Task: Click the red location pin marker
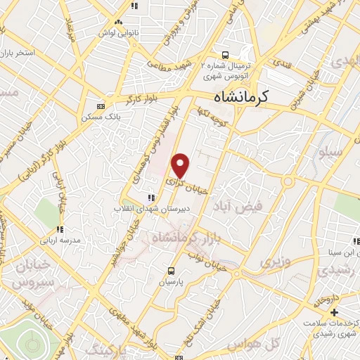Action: (181, 166)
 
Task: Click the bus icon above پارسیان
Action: (172, 270)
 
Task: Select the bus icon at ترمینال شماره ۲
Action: (224, 55)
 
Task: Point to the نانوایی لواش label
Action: (117, 32)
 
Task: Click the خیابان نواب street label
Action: (208, 259)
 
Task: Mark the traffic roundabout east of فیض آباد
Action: (288, 182)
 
